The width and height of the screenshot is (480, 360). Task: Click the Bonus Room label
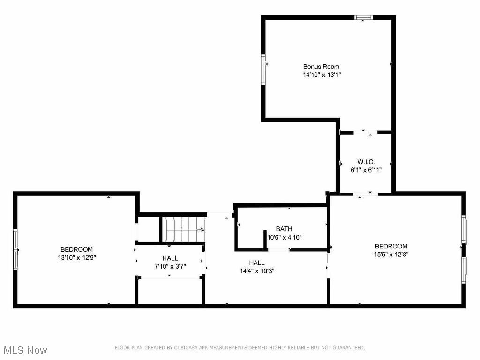click(x=321, y=67)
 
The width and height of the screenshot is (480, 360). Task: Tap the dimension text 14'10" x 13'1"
click(x=321, y=75)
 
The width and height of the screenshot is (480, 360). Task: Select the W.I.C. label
click(x=366, y=162)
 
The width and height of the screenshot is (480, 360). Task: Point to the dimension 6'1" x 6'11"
click(x=366, y=170)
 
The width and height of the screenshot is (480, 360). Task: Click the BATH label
click(x=284, y=229)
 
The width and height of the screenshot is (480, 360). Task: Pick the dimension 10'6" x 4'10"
click(x=284, y=237)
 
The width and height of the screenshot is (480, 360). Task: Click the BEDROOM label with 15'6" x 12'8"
click(x=391, y=246)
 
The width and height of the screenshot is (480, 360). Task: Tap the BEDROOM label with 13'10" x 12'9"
click(x=76, y=249)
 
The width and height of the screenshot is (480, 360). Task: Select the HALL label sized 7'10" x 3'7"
click(x=170, y=258)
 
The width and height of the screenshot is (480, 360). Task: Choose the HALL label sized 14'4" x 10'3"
click(x=257, y=262)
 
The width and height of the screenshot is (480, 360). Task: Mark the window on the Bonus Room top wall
click(x=363, y=18)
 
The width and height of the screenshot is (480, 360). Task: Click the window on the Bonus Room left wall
click(x=263, y=69)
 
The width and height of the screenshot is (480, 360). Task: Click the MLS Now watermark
click(x=25, y=350)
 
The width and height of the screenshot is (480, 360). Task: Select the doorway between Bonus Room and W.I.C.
click(x=365, y=133)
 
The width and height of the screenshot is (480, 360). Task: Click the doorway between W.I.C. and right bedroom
click(x=365, y=194)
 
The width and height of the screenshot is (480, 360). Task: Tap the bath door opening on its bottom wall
click(x=278, y=250)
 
